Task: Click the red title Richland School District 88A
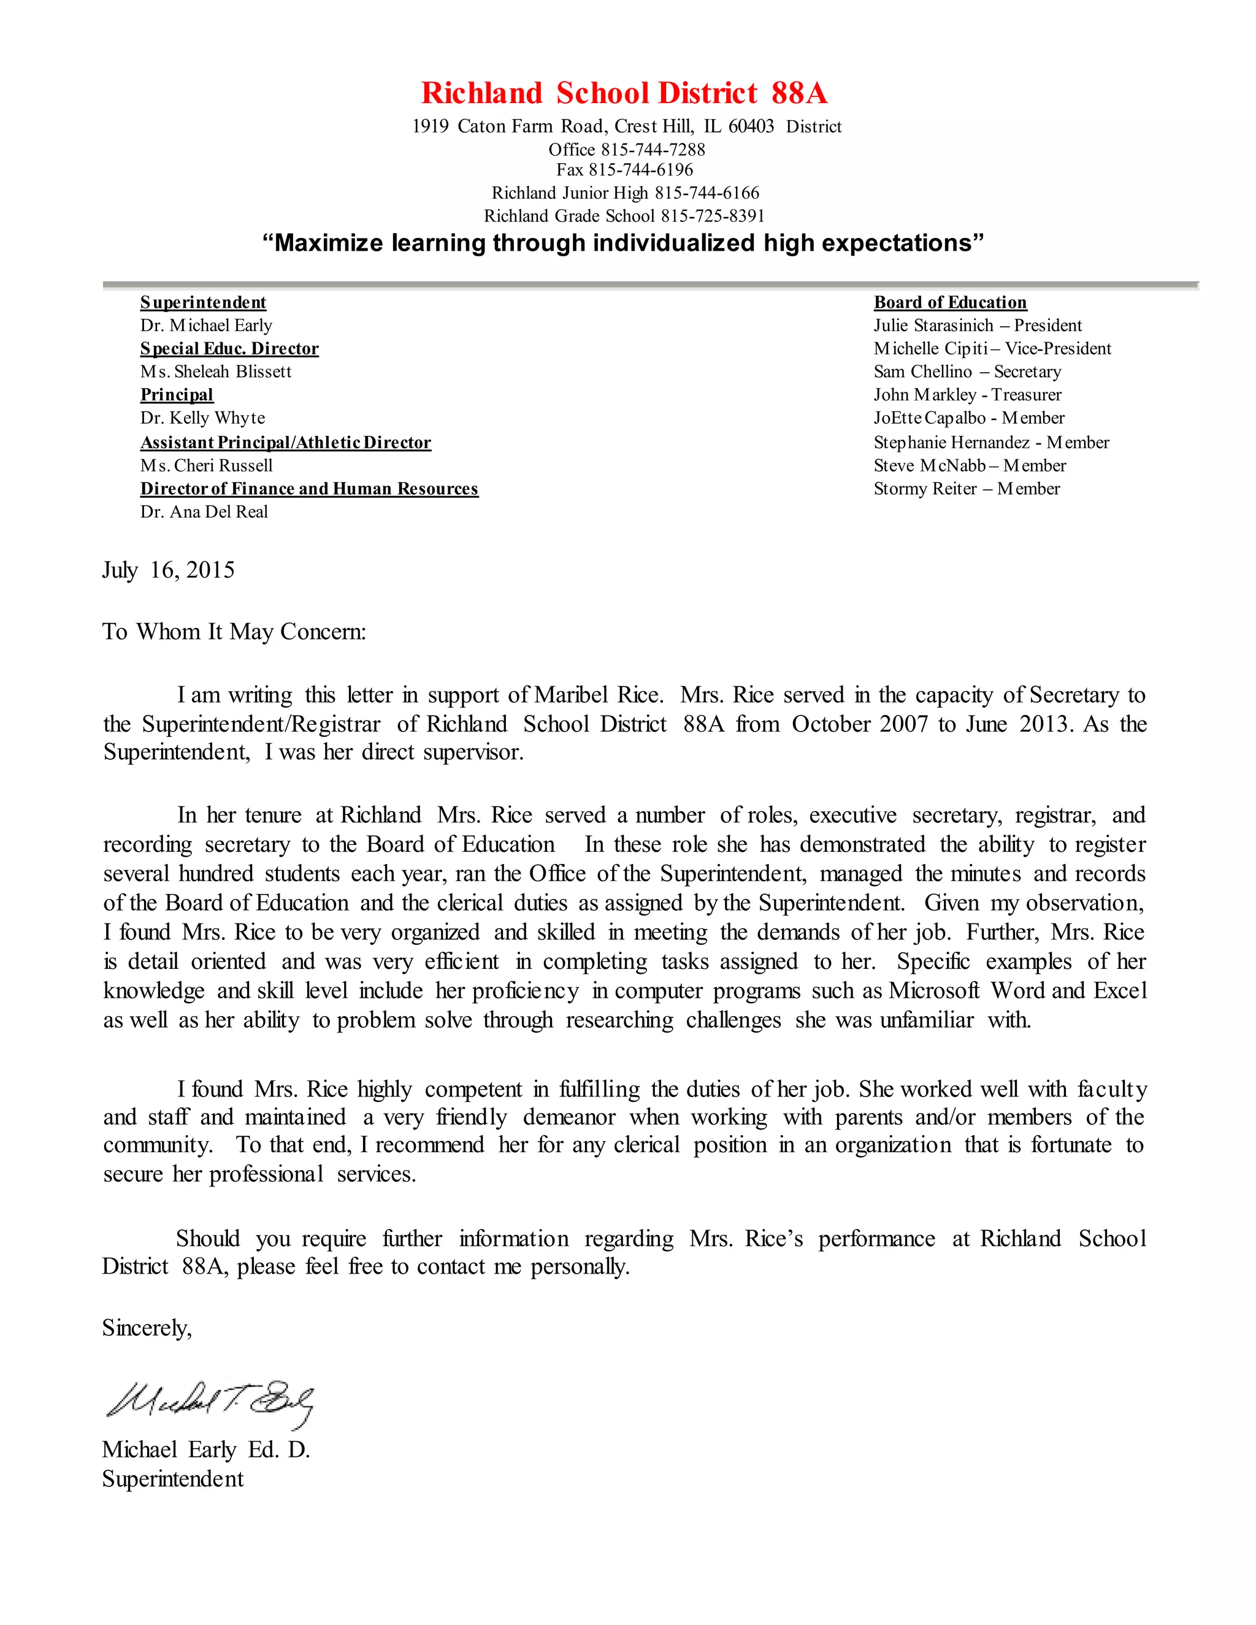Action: click(624, 94)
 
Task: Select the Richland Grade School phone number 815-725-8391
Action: click(712, 216)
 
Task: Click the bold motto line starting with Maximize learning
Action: click(624, 243)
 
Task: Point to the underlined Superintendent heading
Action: click(203, 302)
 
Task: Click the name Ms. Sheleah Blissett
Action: click(216, 371)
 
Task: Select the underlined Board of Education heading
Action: click(949, 302)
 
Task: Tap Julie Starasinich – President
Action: click(977, 325)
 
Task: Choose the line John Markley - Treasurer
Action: click(967, 394)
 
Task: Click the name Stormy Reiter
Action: click(925, 489)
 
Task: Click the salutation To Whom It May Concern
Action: click(234, 632)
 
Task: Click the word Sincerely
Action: click(147, 1328)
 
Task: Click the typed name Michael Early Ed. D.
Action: click(205, 1450)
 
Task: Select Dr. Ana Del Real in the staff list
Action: click(204, 512)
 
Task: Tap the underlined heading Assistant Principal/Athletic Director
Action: click(286, 443)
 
